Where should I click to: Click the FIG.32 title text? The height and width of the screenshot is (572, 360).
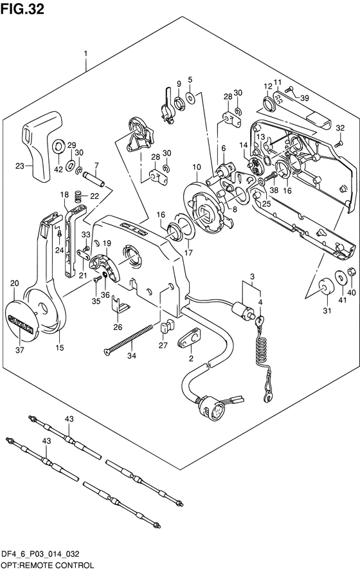point(22,9)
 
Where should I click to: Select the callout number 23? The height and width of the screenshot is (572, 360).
point(20,166)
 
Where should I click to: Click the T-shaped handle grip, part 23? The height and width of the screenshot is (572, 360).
point(42,146)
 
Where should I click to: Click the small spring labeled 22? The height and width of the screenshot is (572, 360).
point(78,197)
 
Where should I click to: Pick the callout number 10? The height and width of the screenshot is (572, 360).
point(197,167)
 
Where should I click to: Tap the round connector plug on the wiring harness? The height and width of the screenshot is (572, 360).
point(208,407)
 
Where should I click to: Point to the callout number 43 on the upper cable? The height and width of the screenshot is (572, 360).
point(69,419)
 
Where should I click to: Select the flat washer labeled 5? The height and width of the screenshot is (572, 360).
point(190,97)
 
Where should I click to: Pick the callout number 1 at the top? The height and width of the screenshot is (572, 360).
point(85,53)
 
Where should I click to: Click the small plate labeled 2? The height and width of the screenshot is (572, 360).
point(190,338)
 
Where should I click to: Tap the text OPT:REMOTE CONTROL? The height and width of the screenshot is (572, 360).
point(48,565)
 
